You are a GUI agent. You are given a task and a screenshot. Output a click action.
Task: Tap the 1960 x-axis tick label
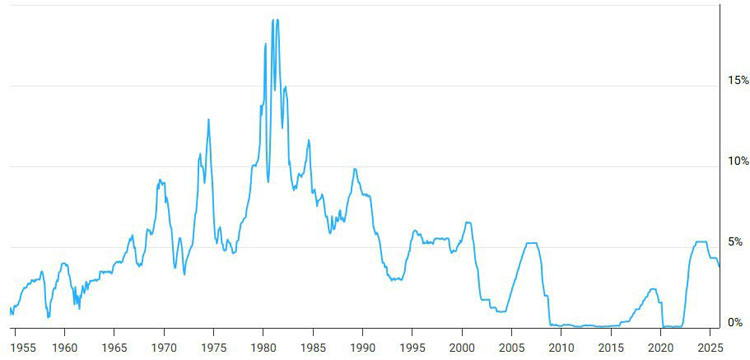click(64, 346)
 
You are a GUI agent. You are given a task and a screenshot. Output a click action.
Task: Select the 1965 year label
click(114, 346)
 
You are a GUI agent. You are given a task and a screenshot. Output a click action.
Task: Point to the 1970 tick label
click(164, 346)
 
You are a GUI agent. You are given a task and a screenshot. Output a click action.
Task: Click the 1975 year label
click(213, 346)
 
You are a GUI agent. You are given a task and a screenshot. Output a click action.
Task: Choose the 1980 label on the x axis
click(263, 346)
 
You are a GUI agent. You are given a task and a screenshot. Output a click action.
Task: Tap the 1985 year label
click(313, 346)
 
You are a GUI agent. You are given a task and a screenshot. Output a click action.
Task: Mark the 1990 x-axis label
click(363, 346)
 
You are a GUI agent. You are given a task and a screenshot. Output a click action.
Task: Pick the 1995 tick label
click(412, 346)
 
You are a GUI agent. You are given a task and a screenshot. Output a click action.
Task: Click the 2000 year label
click(462, 346)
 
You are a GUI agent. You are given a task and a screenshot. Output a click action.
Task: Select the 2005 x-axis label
click(512, 346)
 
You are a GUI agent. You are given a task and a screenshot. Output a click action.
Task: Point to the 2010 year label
click(561, 346)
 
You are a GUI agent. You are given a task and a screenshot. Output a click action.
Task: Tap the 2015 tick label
click(611, 346)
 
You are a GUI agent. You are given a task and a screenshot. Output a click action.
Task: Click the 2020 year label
click(661, 346)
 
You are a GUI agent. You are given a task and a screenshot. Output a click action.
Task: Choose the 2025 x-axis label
click(710, 346)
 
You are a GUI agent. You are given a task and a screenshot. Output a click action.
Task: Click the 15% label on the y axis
click(738, 80)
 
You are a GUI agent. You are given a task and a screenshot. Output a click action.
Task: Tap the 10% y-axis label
click(738, 161)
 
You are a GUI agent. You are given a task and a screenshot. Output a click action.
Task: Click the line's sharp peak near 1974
click(209, 120)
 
